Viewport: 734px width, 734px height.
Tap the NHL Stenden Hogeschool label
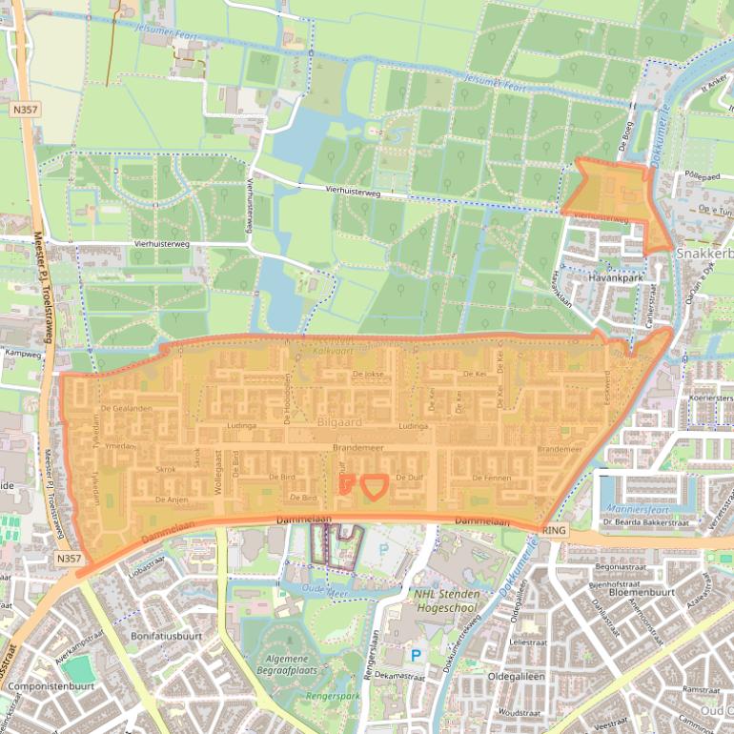464,600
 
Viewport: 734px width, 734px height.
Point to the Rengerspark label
331,697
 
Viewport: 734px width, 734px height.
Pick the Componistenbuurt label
49,685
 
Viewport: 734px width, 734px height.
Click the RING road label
553,529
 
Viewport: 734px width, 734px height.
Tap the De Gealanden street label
126,408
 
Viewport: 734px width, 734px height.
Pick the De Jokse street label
367,375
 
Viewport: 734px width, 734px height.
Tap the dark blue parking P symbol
416,655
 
